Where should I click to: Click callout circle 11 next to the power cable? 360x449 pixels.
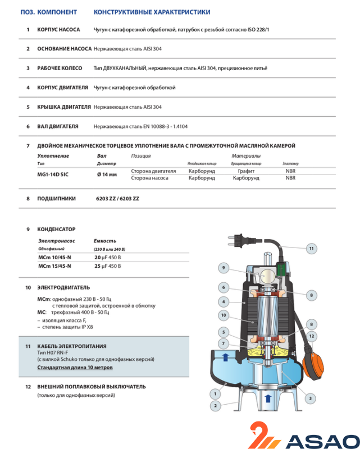pyautogui.click(x=311, y=248)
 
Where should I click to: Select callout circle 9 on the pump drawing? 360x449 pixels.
pyautogui.click(x=223, y=267)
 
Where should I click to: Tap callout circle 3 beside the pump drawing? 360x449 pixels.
pyautogui.click(x=309, y=398)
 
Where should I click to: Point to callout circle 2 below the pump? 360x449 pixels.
pyautogui.click(x=215, y=405)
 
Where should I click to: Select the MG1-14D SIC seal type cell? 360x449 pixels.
pyautogui.click(x=54, y=175)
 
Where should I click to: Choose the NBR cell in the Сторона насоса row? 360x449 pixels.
pyautogui.click(x=290, y=178)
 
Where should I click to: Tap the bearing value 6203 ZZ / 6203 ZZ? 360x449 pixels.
pyautogui.click(x=117, y=199)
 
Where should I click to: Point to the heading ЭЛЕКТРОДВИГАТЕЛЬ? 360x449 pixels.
pyautogui.click(x=64, y=287)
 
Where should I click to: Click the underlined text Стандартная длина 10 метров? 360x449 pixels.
pyautogui.click(x=75, y=368)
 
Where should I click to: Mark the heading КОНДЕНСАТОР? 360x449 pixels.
pyautogui.click(x=56, y=230)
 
